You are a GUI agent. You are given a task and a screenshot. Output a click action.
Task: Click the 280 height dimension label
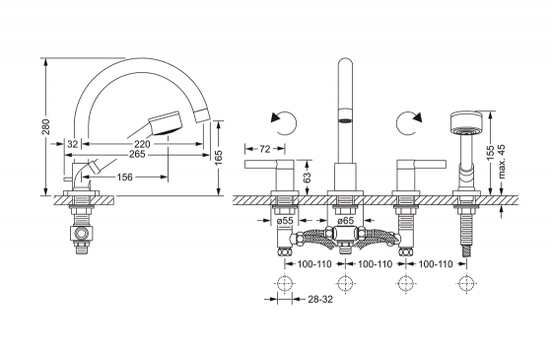(x=46, y=127)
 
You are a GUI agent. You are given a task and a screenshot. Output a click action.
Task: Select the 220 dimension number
(x=142, y=144)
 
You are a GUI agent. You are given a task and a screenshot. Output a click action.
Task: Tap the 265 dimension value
(x=137, y=154)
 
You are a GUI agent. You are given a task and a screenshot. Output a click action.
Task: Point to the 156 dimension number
(x=124, y=177)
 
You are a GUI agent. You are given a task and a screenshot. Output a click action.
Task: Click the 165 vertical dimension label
(x=219, y=158)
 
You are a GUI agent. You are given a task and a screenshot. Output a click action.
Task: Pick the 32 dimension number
(x=73, y=144)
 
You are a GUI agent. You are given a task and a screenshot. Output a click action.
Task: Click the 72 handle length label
(x=265, y=149)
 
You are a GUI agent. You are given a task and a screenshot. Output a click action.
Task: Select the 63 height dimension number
(x=307, y=178)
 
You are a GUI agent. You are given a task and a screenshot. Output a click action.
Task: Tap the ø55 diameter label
(x=285, y=221)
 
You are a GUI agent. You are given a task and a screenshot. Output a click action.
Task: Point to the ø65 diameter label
(x=345, y=221)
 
